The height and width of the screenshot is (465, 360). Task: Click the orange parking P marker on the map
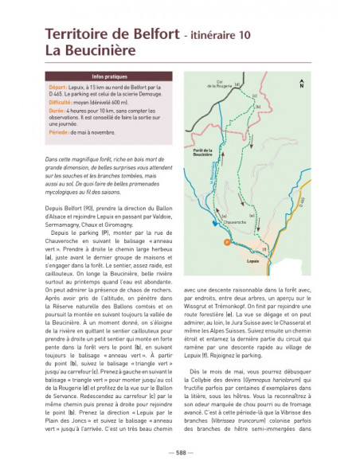pos(226,240)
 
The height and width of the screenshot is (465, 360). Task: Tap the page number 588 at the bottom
pos(180,452)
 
